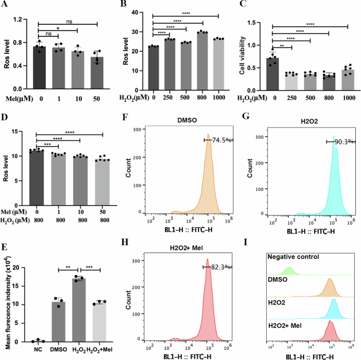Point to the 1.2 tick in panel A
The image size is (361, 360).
[22, 20]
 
